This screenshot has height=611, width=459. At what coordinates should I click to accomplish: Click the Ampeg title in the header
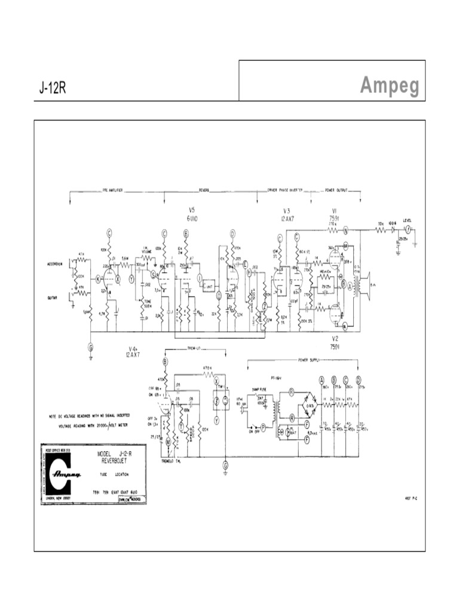pos(389,87)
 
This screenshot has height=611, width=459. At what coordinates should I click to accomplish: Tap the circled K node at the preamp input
pos(99,278)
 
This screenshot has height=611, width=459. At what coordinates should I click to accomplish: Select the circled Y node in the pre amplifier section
pos(131,279)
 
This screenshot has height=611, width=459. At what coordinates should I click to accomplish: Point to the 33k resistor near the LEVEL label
pos(380,224)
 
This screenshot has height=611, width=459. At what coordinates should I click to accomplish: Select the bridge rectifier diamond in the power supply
pos(310,406)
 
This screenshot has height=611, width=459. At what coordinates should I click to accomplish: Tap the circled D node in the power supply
pos(359,379)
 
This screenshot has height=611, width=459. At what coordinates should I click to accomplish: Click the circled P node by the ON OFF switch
pos(262,428)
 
